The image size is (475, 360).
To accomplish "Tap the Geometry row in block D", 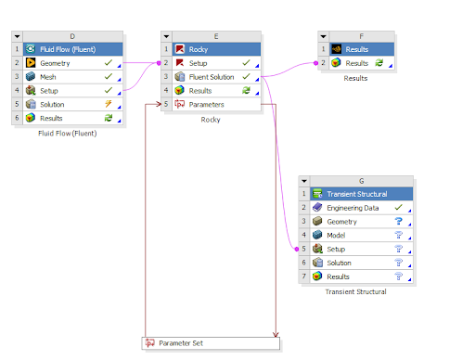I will click(x=55, y=62).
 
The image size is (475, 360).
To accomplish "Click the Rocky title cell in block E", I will click(x=199, y=48).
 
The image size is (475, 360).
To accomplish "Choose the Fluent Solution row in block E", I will click(x=212, y=76).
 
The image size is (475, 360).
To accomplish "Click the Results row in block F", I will click(x=358, y=62).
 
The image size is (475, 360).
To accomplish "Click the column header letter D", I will click(x=71, y=35).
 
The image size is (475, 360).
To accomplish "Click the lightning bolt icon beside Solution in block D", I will click(x=109, y=104).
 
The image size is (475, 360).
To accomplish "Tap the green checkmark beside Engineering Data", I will click(x=398, y=208).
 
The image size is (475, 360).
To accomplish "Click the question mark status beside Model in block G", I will click(x=398, y=236).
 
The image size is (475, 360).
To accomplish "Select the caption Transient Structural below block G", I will click(x=355, y=291).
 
